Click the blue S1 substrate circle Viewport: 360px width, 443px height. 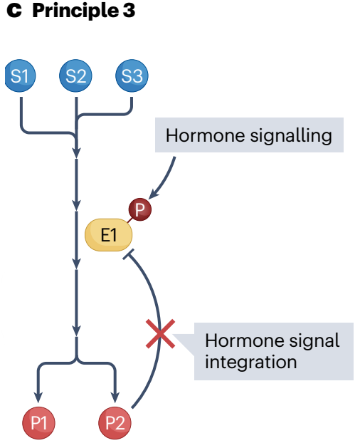21,75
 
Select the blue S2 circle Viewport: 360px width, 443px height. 75,75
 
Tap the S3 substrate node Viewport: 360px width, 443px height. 132,75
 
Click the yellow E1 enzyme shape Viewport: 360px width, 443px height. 109,235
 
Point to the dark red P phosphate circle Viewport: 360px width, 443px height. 140,209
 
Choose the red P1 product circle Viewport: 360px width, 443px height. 38,423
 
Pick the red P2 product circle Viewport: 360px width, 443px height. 115,423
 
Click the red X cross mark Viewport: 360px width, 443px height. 160,333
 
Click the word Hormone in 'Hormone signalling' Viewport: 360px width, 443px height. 205,135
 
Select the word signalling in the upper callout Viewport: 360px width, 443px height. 291,136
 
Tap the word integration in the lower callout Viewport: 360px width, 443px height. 251,362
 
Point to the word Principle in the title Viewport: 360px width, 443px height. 75,11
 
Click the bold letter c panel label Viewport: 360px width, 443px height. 14,11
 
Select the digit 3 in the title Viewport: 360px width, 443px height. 129,11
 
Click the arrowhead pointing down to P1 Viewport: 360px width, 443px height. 38,397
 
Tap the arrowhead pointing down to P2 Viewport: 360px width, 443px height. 115,397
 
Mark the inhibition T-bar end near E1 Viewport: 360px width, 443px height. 128,254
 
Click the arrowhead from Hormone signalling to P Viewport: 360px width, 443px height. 153,194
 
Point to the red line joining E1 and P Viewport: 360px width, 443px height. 130,219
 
